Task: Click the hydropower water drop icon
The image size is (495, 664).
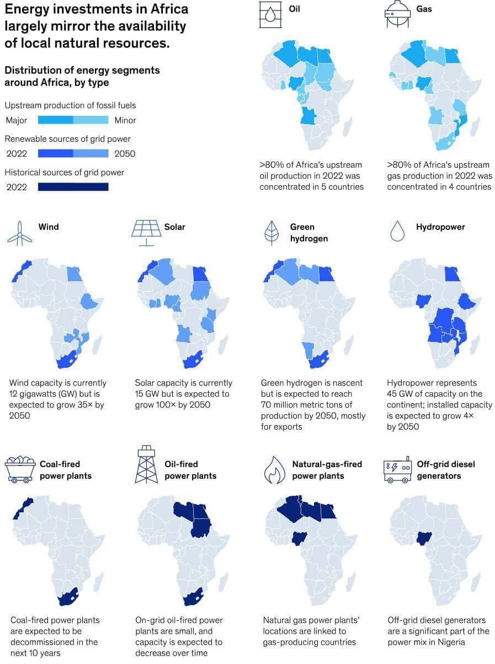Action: [397, 232]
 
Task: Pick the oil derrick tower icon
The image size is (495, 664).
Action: [146, 464]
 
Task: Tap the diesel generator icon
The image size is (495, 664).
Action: [397, 469]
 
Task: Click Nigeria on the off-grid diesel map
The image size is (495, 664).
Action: [424, 538]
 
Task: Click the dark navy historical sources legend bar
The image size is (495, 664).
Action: [73, 187]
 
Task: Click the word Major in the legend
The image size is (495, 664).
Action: [16, 120]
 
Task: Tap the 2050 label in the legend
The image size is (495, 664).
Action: [125, 154]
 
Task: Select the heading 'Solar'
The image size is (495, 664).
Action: [174, 227]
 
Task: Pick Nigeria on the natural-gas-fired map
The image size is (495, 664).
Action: [300, 538]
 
